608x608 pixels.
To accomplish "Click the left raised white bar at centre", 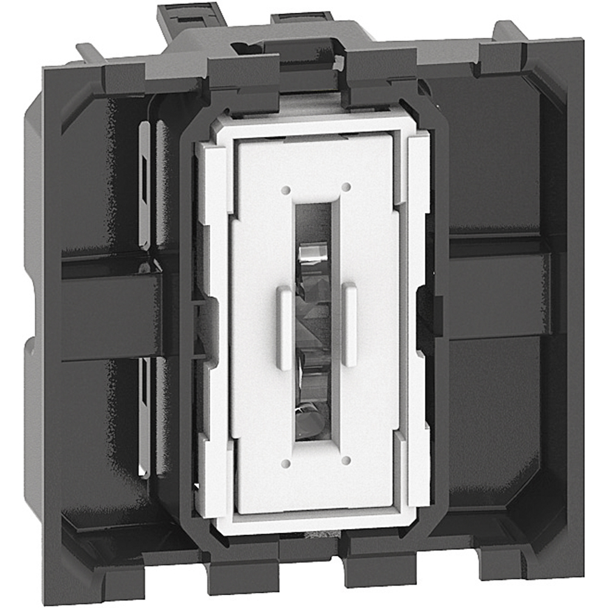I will (285, 328).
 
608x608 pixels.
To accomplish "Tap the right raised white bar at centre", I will (349, 324).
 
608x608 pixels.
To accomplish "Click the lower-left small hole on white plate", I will (286, 464).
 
